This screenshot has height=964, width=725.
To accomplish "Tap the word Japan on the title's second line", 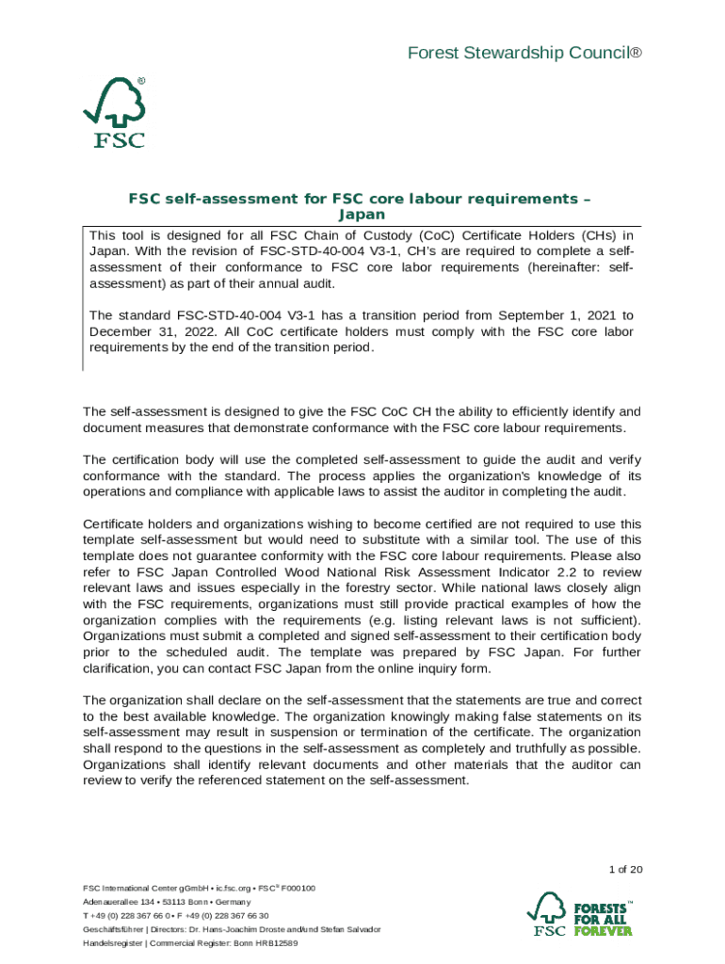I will (362, 215).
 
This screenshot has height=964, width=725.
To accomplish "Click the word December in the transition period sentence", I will (121, 331).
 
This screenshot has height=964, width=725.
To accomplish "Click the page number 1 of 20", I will (625, 869).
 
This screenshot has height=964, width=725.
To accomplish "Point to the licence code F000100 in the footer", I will (298, 888).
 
